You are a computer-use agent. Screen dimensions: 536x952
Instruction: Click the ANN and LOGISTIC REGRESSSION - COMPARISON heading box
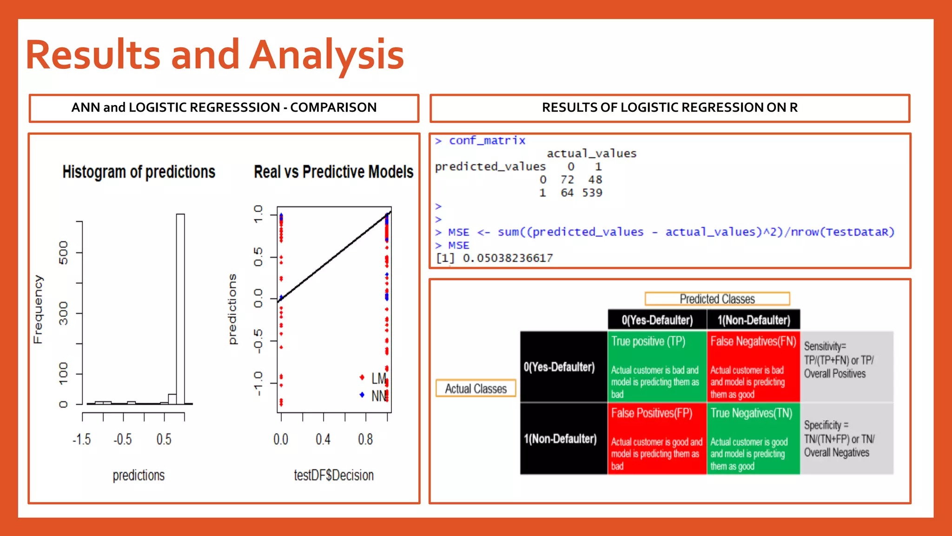(224, 108)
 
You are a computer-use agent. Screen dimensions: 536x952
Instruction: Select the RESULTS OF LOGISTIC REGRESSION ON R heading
(669, 108)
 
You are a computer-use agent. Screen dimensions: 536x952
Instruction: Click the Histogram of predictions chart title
(139, 172)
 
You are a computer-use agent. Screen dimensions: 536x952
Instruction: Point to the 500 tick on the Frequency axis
(64, 252)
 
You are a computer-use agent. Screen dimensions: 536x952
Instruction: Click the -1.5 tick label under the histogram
(82, 439)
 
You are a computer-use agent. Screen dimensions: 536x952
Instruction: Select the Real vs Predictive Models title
(333, 172)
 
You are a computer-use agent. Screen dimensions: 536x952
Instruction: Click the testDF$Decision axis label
(333, 475)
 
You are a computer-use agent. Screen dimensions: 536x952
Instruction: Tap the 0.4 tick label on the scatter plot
(323, 439)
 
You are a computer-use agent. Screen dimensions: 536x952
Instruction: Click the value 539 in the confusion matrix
(592, 193)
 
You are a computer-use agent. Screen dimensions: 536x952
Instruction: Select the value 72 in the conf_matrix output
(567, 180)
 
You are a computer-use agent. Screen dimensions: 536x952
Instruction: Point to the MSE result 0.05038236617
(508, 258)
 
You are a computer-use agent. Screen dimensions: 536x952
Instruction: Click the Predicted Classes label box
(717, 299)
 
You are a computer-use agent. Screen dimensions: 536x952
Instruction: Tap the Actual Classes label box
(476, 389)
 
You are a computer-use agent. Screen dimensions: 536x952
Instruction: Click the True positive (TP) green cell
(656, 366)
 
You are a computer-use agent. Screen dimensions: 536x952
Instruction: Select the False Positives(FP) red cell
(656, 438)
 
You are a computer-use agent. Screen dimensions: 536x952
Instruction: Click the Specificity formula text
(839, 438)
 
